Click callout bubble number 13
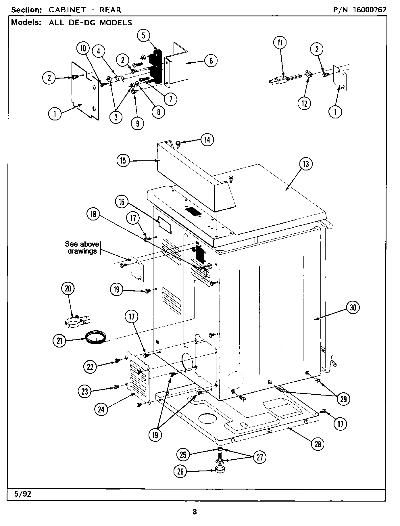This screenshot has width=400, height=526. pyautogui.click(x=305, y=164)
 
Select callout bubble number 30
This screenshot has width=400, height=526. pyautogui.click(x=353, y=308)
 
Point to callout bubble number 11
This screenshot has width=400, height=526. pyautogui.click(x=280, y=43)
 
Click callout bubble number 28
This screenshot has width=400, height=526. pyautogui.click(x=318, y=444)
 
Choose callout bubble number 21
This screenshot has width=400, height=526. pyautogui.click(x=59, y=341)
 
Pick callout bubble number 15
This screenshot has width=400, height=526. pyautogui.click(x=123, y=160)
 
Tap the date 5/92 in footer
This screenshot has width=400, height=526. pyautogui.click(x=22, y=494)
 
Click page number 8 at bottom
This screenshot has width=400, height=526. pyautogui.click(x=195, y=512)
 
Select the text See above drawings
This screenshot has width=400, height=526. pyautogui.click(x=82, y=247)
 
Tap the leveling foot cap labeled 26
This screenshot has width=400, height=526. pyautogui.click(x=220, y=471)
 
